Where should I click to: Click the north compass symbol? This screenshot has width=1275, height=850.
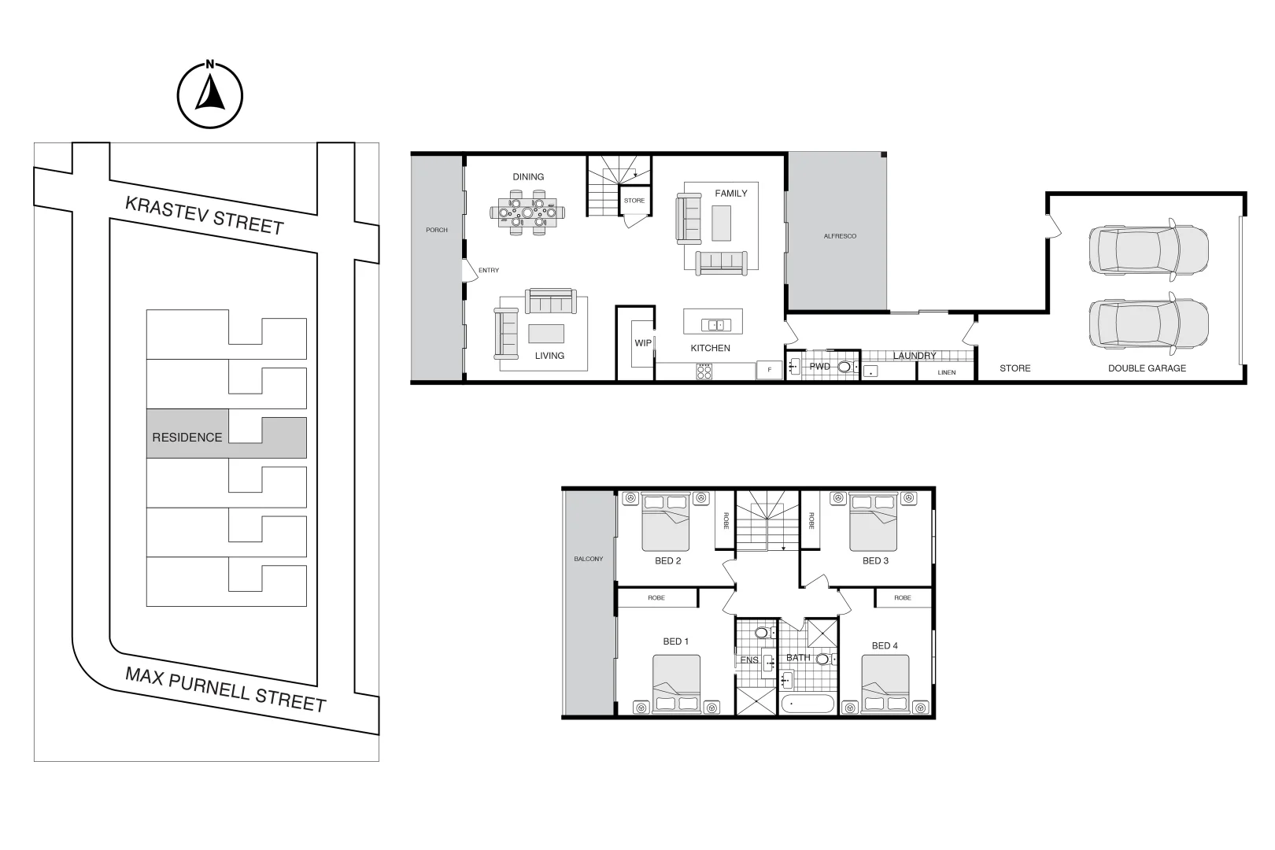pyautogui.click(x=209, y=94)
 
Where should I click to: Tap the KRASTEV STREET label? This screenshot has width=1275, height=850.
pyautogui.click(x=204, y=215)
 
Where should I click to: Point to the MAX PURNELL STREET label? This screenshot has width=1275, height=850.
pyautogui.click(x=226, y=689)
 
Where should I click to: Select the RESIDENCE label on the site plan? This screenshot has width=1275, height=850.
pyautogui.click(x=187, y=438)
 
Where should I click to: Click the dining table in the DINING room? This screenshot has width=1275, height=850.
pyautogui.click(x=527, y=212)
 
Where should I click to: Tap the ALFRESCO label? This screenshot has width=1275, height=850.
pyautogui.click(x=840, y=236)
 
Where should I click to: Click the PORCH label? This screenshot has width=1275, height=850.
pyautogui.click(x=437, y=230)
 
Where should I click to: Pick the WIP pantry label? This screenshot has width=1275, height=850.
pyautogui.click(x=643, y=343)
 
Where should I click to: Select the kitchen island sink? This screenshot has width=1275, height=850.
pyautogui.click(x=717, y=324)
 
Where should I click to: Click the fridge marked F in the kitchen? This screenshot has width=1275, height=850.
pyautogui.click(x=769, y=369)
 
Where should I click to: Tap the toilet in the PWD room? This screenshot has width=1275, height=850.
pyautogui.click(x=845, y=367)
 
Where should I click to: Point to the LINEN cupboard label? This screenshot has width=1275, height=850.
pyautogui.click(x=947, y=372)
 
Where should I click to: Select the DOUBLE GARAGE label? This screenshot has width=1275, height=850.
pyautogui.click(x=1147, y=368)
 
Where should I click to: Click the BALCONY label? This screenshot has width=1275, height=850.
pyautogui.click(x=588, y=559)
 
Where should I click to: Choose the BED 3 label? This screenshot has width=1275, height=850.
pyautogui.click(x=875, y=561)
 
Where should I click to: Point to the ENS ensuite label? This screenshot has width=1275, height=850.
pyautogui.click(x=749, y=660)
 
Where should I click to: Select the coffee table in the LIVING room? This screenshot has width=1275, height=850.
pyautogui.click(x=546, y=334)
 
